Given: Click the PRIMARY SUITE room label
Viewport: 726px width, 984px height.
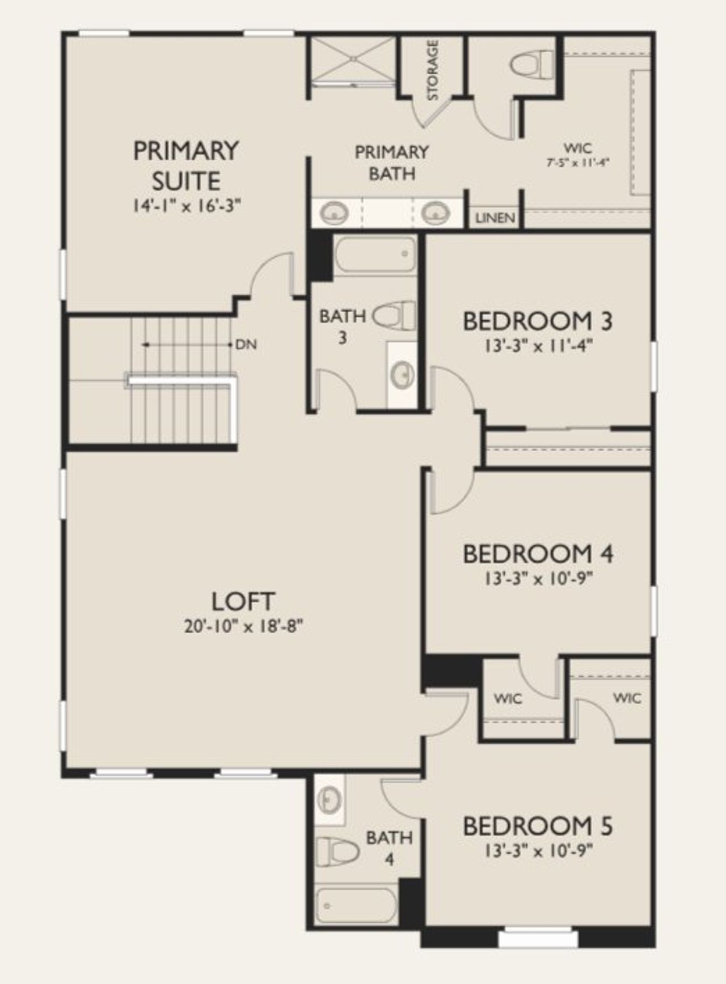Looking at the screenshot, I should pyautogui.click(x=185, y=166).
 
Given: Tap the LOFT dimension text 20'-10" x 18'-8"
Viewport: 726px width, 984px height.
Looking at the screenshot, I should pyautogui.click(x=243, y=626).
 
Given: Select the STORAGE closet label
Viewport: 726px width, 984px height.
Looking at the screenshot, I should pyautogui.click(x=432, y=70).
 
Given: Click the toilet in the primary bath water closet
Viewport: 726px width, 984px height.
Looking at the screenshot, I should pyautogui.click(x=533, y=63).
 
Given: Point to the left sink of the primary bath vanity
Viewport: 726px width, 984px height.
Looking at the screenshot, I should pyautogui.click(x=334, y=214).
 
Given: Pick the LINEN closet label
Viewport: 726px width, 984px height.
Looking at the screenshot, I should pyautogui.click(x=495, y=218).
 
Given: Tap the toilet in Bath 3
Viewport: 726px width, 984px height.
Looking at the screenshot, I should pyautogui.click(x=394, y=316).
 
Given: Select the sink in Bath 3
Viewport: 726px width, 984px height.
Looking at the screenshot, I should pyautogui.click(x=403, y=374).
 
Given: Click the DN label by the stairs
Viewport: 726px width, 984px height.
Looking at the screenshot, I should pyautogui.click(x=246, y=344).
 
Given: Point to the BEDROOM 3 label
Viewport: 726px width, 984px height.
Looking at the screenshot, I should pyautogui.click(x=537, y=321).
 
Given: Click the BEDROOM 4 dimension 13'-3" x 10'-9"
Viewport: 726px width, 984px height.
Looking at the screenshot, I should pyautogui.click(x=538, y=579).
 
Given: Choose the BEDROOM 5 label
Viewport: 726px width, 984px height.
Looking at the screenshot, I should pyautogui.click(x=537, y=826).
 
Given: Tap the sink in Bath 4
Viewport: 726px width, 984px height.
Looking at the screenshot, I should pyautogui.click(x=328, y=800).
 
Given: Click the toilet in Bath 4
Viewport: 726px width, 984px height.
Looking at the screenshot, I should pyautogui.click(x=337, y=851).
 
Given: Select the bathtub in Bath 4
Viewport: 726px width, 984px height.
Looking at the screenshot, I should pyautogui.click(x=356, y=905).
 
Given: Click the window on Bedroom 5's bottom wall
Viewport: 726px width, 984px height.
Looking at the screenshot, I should pyautogui.click(x=537, y=938).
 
